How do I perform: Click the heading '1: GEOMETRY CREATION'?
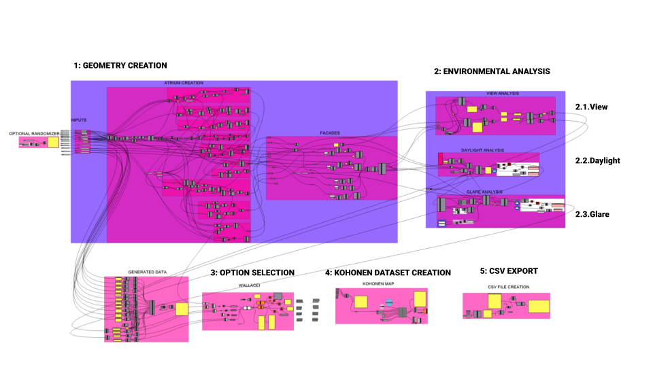tap(120, 66)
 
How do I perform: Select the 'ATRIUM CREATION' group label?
tap(184, 83)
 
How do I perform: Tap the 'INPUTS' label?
tap(79, 120)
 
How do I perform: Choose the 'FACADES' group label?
tap(330, 133)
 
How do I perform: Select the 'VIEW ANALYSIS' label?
tap(503, 93)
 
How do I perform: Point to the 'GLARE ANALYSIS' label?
tap(486, 192)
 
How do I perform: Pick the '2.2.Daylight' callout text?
tap(597, 161)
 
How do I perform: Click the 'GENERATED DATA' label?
tap(147, 273)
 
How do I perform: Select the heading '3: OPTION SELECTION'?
tap(252, 273)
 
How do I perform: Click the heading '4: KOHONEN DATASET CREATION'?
tap(388, 273)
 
